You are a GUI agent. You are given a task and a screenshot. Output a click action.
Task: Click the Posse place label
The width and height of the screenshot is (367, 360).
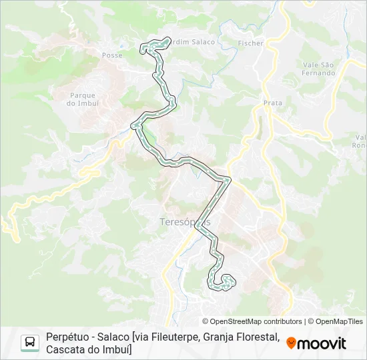pos(112,55)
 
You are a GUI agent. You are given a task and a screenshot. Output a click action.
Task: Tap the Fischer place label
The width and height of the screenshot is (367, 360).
pos(251,43)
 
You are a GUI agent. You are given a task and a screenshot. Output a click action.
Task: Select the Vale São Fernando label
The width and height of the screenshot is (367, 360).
pos(318,69)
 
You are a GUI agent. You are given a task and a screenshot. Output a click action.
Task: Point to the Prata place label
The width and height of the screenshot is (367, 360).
pos(273,103)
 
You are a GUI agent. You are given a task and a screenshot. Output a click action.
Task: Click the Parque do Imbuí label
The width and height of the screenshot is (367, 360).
pos(83,99)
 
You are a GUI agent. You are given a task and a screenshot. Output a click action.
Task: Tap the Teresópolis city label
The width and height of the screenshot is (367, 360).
pos(186,221)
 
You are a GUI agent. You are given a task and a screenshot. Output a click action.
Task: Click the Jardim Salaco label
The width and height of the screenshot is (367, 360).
pos(194,42)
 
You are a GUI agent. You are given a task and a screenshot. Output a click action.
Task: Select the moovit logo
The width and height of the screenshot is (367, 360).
pos(316,343)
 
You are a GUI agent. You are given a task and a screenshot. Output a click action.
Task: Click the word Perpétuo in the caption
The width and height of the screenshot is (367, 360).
pos(69,337)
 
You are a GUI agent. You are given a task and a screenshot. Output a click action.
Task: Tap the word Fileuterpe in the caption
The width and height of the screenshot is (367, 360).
pos(186,337)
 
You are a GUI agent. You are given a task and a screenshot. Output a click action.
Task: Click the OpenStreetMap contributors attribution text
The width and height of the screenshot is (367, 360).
pos(252,321)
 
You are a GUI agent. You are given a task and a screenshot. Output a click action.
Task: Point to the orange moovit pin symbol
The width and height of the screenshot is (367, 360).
pos(291,343)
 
